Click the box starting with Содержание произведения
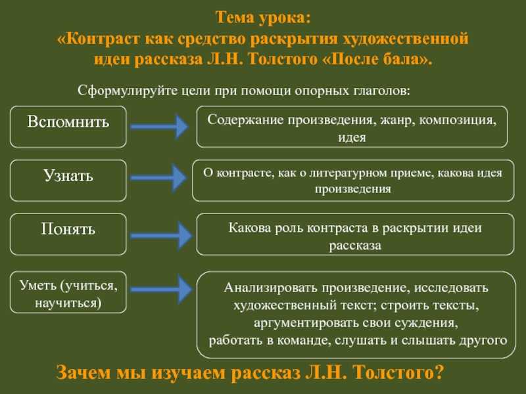click(x=352, y=126)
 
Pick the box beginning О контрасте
click(x=352, y=181)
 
